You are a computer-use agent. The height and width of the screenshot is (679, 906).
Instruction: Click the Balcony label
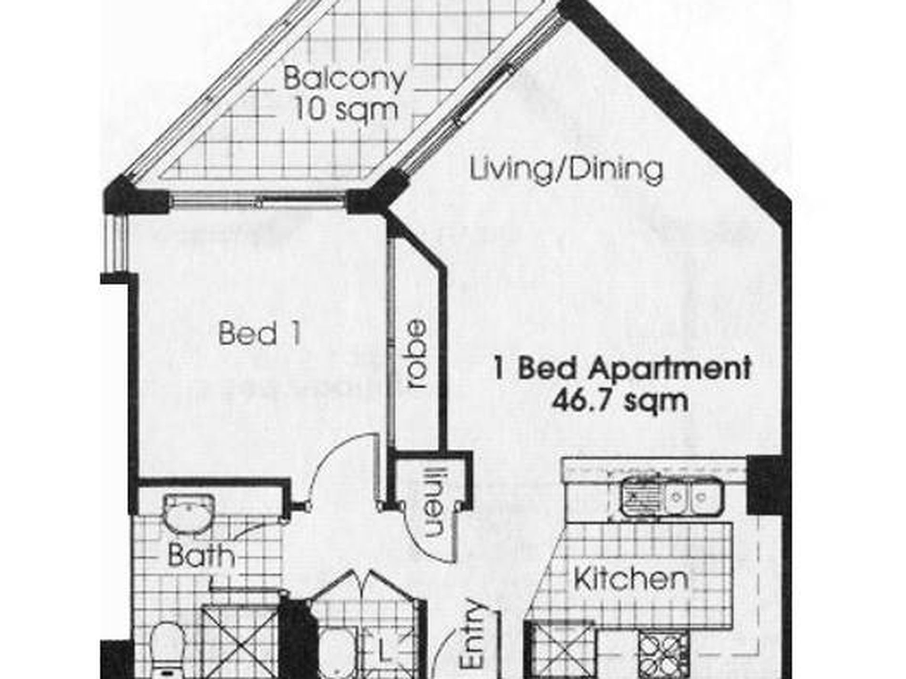[344, 79]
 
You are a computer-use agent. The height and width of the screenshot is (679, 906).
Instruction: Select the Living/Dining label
[566, 170]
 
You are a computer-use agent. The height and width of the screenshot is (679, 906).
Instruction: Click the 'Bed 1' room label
[260, 334]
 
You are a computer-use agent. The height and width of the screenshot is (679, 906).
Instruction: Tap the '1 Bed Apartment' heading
[622, 368]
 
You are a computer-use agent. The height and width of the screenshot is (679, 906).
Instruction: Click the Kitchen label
[630, 579]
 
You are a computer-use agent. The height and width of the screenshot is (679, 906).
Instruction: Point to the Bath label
[201, 556]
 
